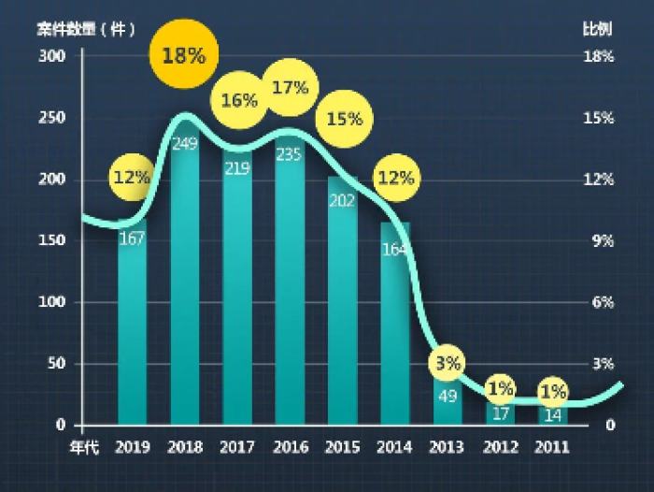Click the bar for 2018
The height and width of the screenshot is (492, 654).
[185, 281]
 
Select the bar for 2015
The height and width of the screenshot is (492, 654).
[342, 309]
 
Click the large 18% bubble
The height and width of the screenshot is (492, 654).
[183, 55]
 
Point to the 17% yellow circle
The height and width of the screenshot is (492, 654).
[290, 88]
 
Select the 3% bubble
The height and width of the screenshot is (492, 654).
[448, 363]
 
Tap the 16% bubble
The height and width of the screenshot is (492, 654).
[239, 100]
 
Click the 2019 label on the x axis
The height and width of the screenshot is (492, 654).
[133, 448]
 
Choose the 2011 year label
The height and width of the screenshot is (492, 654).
[552, 448]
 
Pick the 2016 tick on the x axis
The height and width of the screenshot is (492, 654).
[290, 448]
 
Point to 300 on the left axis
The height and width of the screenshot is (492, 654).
[51, 56]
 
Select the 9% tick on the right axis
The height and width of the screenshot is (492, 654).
[598, 240]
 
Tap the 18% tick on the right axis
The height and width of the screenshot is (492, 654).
[598, 56]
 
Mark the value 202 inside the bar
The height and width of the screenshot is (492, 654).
[342, 200]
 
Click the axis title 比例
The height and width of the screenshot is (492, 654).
[598, 28]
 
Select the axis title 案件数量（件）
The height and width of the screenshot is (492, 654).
[86, 28]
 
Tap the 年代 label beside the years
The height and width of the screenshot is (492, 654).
[84, 448]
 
